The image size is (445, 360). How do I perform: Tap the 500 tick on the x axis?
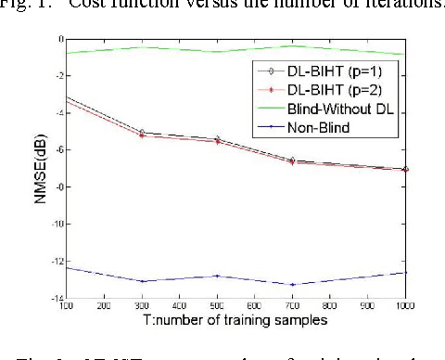pyautogui.click(x=218, y=305)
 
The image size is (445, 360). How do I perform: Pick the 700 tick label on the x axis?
pyautogui.click(x=293, y=305)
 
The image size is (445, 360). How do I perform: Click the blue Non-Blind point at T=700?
pyautogui.click(x=293, y=285)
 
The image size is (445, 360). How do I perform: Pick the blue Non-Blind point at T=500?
pyautogui.click(x=218, y=276)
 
